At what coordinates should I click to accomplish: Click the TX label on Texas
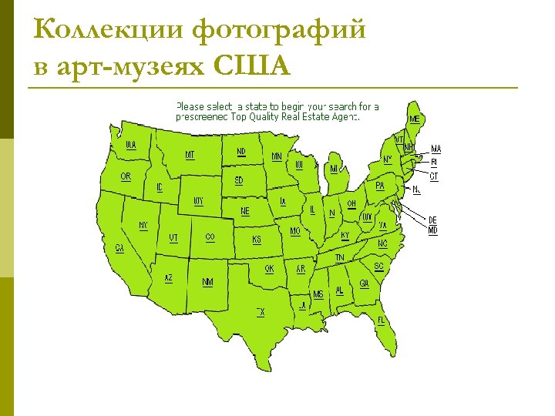[x=261, y=312]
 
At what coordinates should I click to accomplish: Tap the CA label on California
[x=119, y=248]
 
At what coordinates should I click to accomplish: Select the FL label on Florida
[x=381, y=320]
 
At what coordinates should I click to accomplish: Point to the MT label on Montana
[x=190, y=155]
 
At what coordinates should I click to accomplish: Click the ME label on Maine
[x=415, y=119]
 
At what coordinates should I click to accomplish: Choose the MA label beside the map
[x=436, y=149]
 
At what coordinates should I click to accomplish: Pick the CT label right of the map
[x=434, y=176]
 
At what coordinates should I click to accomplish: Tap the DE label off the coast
[x=432, y=220]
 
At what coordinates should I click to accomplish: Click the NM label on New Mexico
[x=208, y=282]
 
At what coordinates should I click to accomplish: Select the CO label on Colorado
[x=210, y=237]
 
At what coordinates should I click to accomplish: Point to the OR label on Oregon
[x=126, y=176]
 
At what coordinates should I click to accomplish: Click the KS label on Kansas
[x=257, y=240]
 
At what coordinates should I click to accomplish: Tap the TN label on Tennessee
[x=339, y=257]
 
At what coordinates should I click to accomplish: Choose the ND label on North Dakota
[x=241, y=152]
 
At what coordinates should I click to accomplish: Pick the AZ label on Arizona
[x=169, y=277]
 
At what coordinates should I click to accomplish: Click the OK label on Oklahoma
[x=269, y=269]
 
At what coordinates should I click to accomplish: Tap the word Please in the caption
[x=190, y=106]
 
